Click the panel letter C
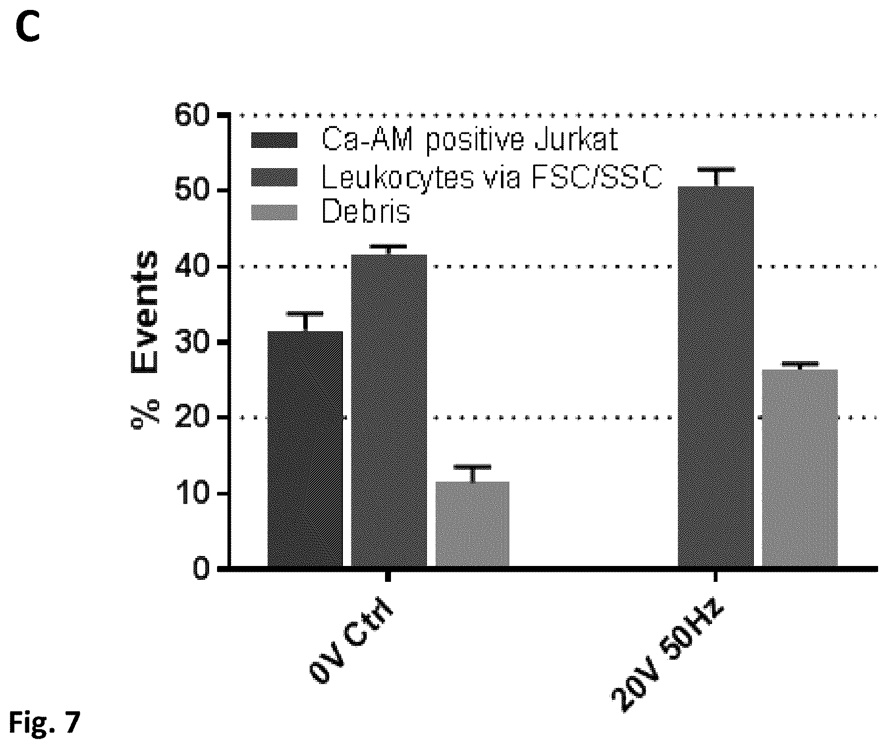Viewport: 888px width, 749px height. [28, 29]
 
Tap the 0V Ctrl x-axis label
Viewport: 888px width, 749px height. [351, 643]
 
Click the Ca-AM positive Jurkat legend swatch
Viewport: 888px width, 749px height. [274, 140]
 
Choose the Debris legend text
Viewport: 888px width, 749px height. [366, 212]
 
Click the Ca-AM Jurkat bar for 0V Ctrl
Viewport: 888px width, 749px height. [305, 449]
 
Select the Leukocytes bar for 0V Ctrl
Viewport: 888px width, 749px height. [389, 411]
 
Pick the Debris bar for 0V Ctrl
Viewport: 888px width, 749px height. [472, 524]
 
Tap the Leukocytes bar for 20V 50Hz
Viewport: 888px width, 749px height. [716, 376]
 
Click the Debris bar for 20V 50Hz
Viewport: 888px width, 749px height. [799, 468]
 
